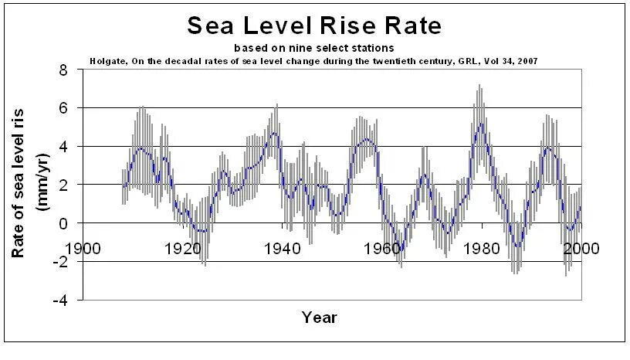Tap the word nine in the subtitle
point(303,48)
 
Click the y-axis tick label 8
point(63,70)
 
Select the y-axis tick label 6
point(63,108)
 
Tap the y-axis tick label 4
point(63,146)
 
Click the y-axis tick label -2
point(59,261)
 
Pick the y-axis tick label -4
point(59,300)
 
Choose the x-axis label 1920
point(183,249)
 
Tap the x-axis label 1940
point(283,249)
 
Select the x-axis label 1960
point(382,249)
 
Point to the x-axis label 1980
point(482,249)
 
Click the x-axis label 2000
point(581,249)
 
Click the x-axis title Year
point(319,317)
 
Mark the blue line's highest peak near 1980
point(481,123)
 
